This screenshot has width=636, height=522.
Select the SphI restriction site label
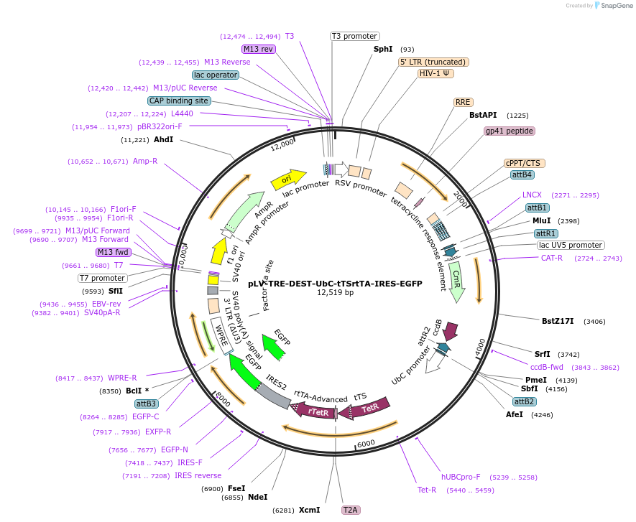[x=383, y=49]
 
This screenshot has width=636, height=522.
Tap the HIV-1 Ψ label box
[x=436, y=73]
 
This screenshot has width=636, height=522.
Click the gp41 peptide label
[x=510, y=131]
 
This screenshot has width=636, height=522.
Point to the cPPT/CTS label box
[x=522, y=163]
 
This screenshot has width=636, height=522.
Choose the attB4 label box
[x=522, y=174]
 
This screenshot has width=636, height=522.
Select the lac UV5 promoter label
[x=571, y=245]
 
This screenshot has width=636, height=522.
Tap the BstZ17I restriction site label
[x=558, y=321]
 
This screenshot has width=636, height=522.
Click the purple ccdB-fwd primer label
[x=547, y=367]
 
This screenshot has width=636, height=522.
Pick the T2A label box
[x=350, y=510]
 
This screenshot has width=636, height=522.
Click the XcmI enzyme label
[x=309, y=510]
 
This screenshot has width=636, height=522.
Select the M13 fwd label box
[x=114, y=252]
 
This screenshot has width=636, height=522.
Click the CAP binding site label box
[x=179, y=101]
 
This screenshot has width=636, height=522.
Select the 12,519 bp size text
[x=335, y=292]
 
